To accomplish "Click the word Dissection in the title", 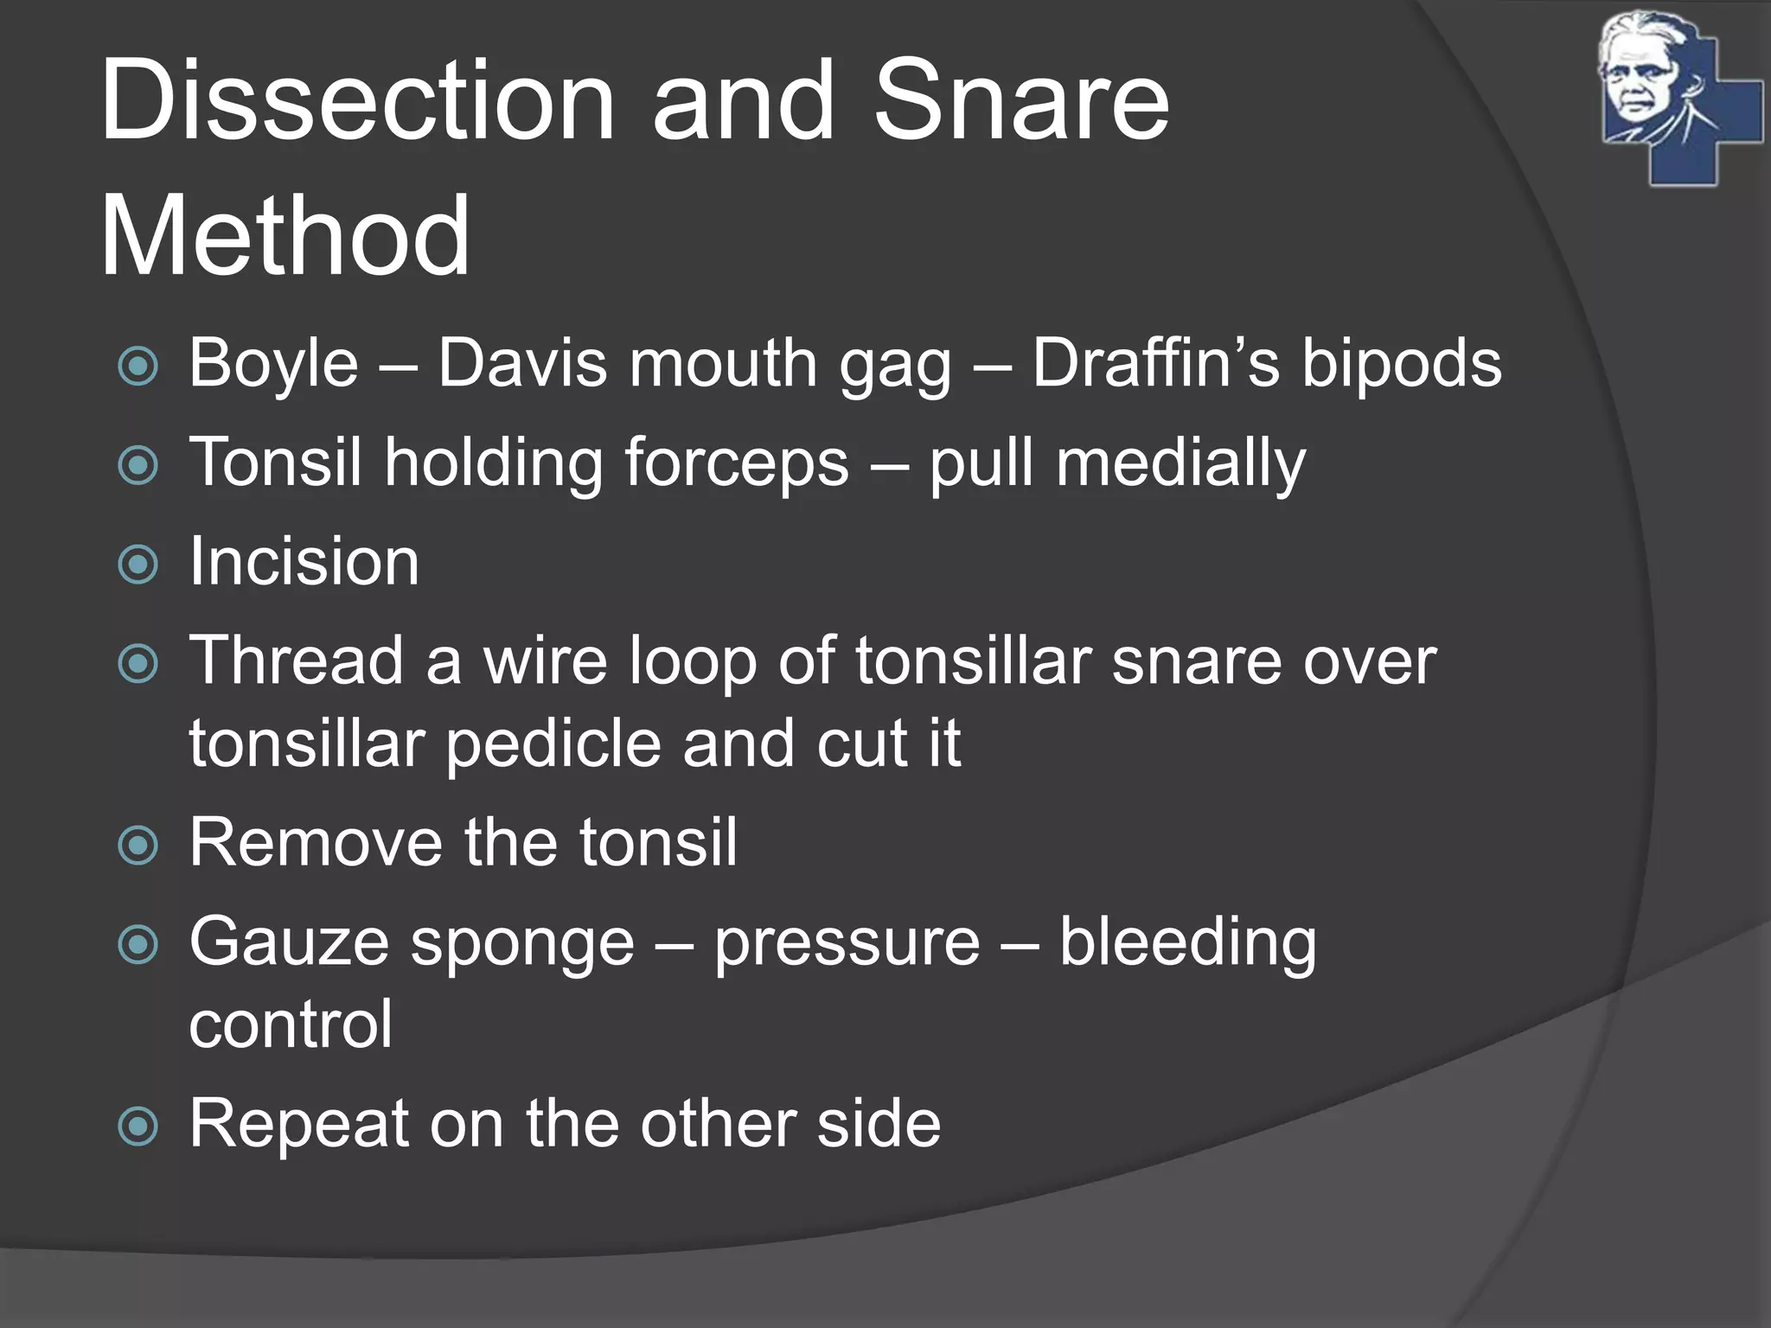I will coord(357,102).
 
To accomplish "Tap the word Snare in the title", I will coord(1021,102).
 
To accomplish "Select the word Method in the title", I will coord(285,237).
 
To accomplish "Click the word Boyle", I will coord(273,364).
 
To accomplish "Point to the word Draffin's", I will coord(1155,364).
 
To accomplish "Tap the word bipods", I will coord(1402,364).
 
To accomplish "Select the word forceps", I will coord(737,463).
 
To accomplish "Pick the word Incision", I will coord(304,562).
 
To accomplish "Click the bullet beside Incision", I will coord(138,565).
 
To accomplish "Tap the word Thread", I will coord(297,661).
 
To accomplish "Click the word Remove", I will coord(316,843).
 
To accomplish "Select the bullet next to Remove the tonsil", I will coord(138,846).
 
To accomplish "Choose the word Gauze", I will coord(289,942).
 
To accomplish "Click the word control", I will coord(291,1025).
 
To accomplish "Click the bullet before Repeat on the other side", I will coord(138,1127).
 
